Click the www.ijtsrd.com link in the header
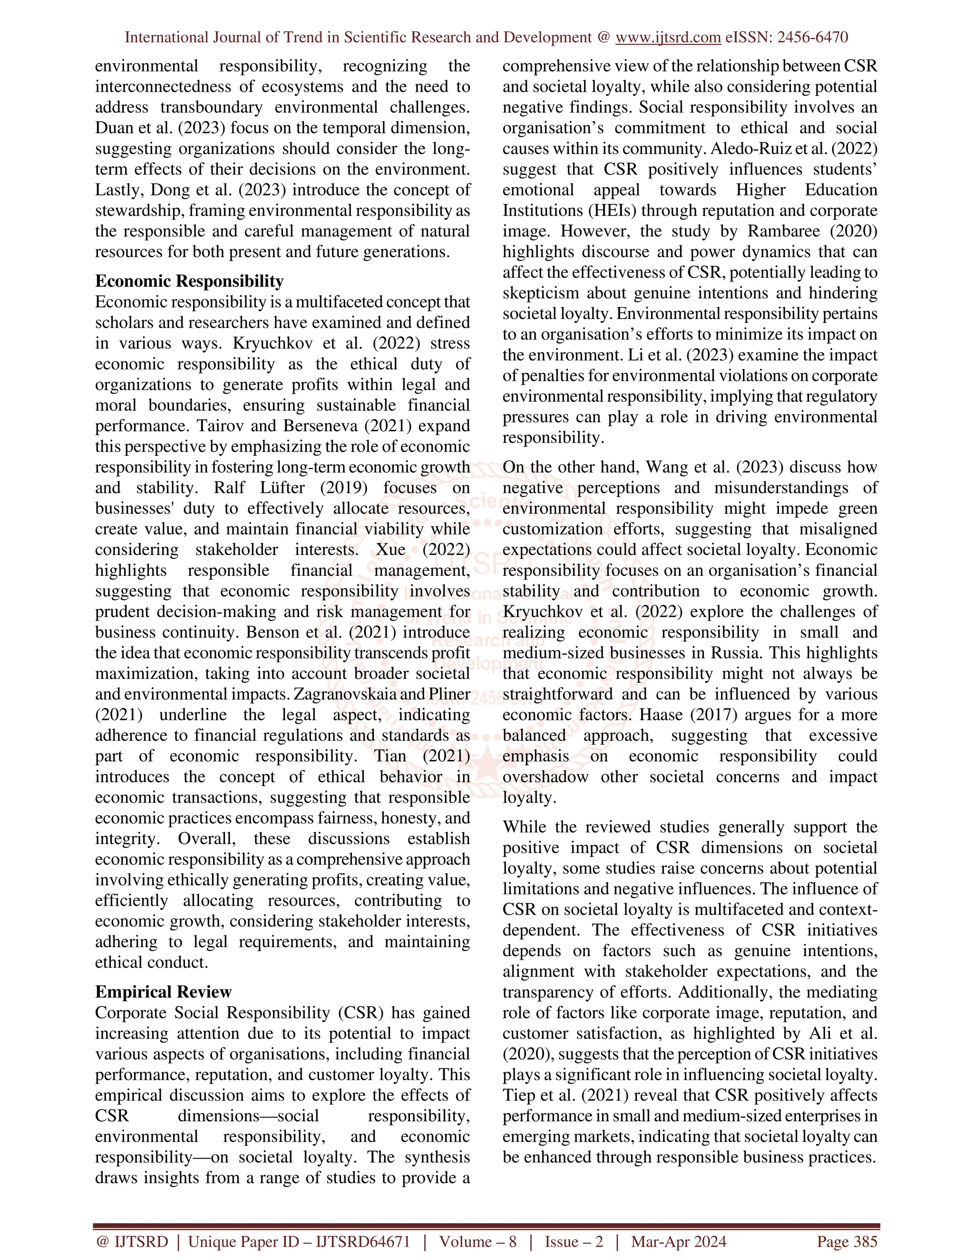coord(668,38)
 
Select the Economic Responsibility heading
coord(189,281)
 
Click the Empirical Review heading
coord(163,992)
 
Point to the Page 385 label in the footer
coord(847,1241)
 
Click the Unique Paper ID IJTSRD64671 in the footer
coord(299,1241)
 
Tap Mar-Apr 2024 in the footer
coord(679,1241)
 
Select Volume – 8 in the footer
coord(478,1241)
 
